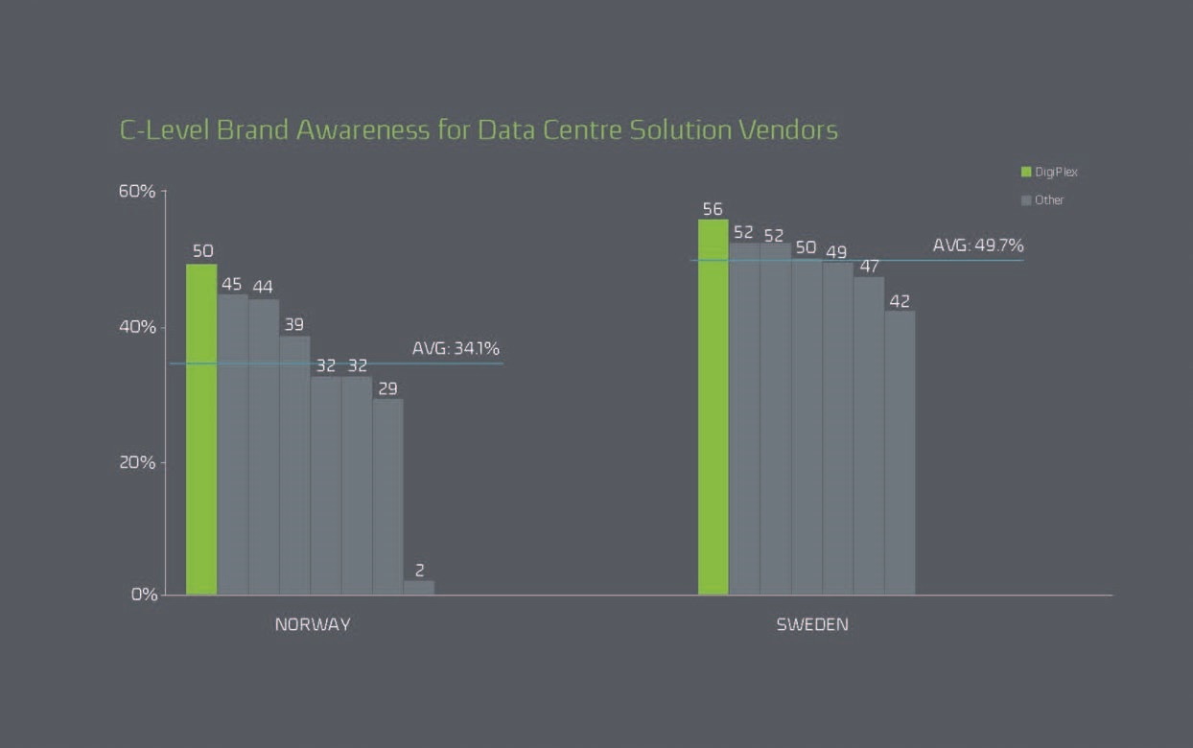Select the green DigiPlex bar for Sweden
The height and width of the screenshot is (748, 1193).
point(713,407)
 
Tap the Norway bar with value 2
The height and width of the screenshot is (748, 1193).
point(419,587)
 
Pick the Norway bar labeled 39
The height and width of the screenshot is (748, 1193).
point(294,465)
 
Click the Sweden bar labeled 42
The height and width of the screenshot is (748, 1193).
point(900,452)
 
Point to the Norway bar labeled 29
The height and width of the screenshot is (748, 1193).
point(387,496)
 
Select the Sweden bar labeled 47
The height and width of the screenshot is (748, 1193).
point(869,435)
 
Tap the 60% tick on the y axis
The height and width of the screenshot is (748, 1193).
point(136,191)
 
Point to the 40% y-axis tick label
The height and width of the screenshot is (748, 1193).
point(136,327)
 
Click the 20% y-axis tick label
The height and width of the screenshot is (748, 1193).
point(136,462)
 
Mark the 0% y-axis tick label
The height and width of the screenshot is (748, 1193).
point(142,594)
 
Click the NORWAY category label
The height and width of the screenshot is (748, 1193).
point(313,624)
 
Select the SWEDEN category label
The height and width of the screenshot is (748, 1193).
point(812,624)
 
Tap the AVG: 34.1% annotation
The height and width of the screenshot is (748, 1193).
point(456,347)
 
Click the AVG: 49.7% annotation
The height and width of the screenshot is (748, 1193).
point(977,245)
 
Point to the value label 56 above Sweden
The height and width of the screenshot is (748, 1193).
point(713,209)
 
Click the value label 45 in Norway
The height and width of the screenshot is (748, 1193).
point(231,284)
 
